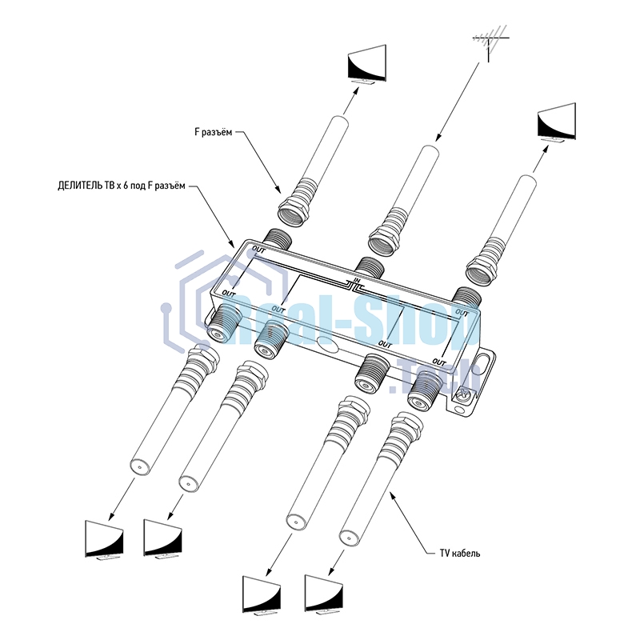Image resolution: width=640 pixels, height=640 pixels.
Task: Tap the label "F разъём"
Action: [x=214, y=133]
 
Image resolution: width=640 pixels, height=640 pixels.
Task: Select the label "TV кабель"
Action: [x=459, y=553]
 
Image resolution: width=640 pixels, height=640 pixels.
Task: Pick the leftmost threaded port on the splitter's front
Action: [x=222, y=323]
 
